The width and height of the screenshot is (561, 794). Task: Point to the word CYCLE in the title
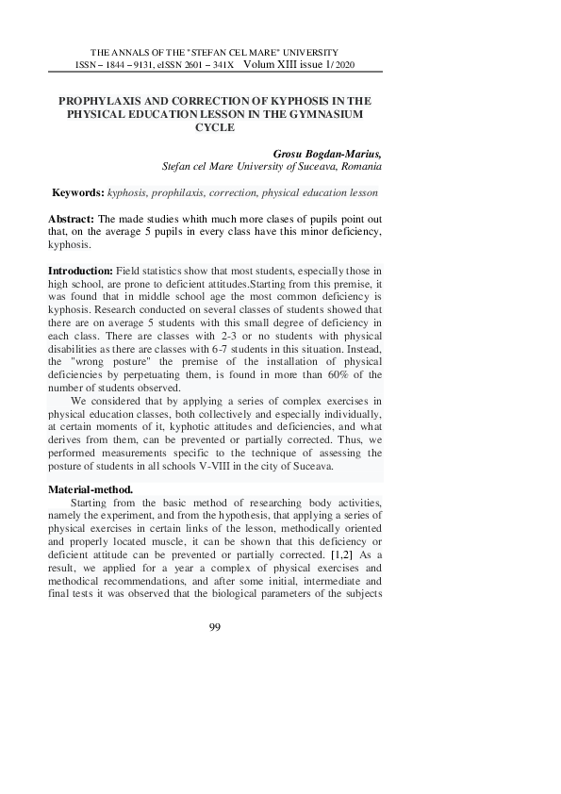(213, 126)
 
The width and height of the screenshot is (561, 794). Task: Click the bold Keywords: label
(78, 192)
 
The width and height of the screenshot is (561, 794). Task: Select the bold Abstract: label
(72, 218)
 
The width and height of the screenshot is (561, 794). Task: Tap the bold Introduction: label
(80, 271)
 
